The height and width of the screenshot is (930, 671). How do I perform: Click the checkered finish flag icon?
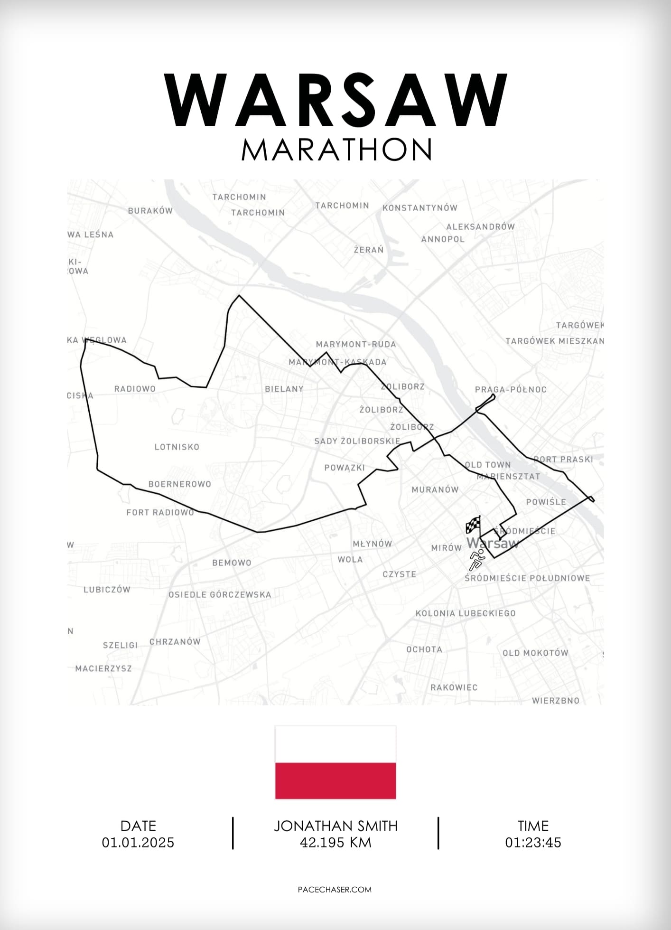tap(473, 525)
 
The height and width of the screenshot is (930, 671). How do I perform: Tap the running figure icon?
tap(477, 559)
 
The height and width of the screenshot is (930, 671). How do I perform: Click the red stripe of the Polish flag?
tap(335, 780)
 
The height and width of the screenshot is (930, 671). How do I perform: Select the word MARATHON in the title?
tap(336, 150)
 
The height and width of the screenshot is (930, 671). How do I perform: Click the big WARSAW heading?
tap(335, 101)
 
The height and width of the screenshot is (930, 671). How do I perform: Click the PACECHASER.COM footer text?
tap(335, 890)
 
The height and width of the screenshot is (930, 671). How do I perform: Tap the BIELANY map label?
tap(284, 389)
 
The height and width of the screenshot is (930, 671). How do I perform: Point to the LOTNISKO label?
tap(177, 447)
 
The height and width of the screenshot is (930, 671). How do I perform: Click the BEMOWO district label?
tap(232, 563)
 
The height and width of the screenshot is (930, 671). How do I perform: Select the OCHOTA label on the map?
tap(424, 649)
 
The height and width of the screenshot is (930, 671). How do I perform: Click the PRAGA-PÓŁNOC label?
tap(511, 389)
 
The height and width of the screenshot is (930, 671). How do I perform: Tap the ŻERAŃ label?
tap(369, 249)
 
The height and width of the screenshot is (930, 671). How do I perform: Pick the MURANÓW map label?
tap(435, 489)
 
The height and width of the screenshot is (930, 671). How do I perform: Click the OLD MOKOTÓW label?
tap(535, 653)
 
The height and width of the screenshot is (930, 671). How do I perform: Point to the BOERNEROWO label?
tap(180, 484)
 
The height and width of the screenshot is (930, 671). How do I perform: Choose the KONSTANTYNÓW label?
tap(420, 207)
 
